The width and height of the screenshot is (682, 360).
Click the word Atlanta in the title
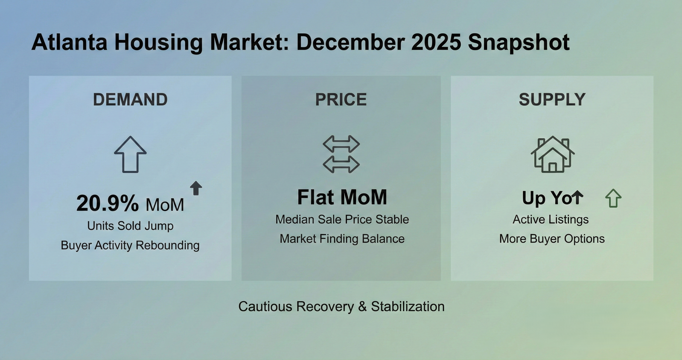click(69, 42)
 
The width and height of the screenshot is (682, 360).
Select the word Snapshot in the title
click(519, 42)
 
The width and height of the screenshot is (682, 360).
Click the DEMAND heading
click(130, 100)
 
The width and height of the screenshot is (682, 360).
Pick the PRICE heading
click(341, 100)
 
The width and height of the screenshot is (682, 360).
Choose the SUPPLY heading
click(552, 100)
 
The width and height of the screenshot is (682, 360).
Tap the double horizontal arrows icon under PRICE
click(341, 154)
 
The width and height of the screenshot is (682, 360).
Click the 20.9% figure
click(108, 203)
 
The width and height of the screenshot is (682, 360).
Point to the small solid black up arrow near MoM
click(196, 188)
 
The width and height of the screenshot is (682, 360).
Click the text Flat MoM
click(342, 197)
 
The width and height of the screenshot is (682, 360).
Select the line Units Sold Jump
click(130, 226)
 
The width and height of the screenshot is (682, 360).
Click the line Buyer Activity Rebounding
click(130, 245)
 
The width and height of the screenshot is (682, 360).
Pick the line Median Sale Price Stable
click(342, 219)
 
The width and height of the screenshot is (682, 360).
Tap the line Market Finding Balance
click(342, 239)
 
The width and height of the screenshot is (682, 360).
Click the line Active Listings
click(551, 219)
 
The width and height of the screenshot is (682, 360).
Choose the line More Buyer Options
click(552, 239)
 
